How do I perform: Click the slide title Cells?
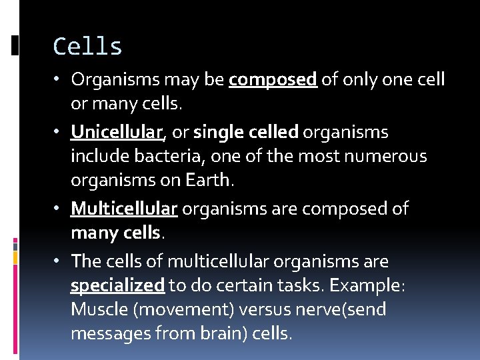point(87,47)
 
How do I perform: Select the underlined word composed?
point(273,80)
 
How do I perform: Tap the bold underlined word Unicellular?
point(117,133)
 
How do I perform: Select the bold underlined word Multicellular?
point(124,209)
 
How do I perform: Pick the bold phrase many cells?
point(115,233)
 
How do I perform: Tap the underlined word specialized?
point(117,286)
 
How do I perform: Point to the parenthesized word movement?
point(173,310)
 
